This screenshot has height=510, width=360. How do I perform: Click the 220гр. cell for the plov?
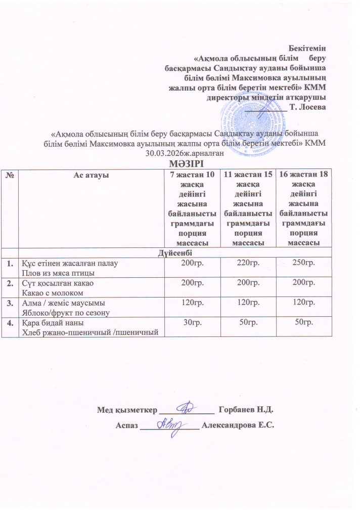(248, 262)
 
